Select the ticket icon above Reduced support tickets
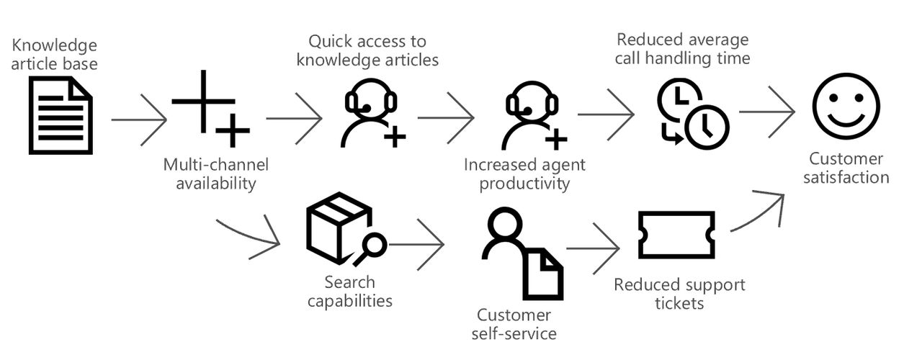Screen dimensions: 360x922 tap(676, 235)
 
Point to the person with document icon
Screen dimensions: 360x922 tap(522, 252)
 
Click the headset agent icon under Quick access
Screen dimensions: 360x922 tap(372, 114)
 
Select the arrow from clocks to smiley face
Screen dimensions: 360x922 tap(767, 112)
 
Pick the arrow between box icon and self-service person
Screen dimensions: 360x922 tap(416, 245)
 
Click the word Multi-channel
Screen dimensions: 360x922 tap(215, 164)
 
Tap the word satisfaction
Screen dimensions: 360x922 tap(846, 177)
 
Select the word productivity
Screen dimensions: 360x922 tap(524, 183)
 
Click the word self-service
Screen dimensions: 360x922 tap(514, 333)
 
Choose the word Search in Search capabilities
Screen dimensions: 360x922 tap(349, 282)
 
